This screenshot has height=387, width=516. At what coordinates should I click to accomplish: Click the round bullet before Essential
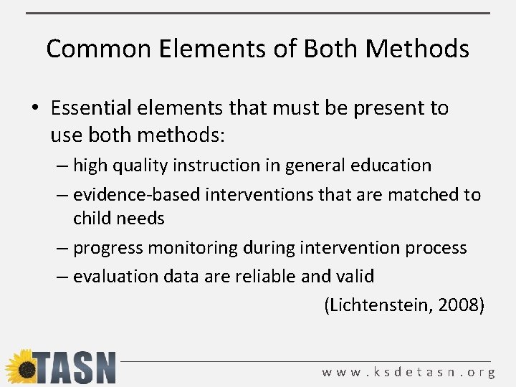34,109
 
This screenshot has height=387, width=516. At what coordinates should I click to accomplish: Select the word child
91,218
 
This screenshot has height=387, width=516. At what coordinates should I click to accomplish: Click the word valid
355,276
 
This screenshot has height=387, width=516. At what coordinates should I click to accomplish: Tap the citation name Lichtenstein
378,305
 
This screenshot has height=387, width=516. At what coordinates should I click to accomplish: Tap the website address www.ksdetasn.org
408,372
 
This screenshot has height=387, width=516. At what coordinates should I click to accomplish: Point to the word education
391,166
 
